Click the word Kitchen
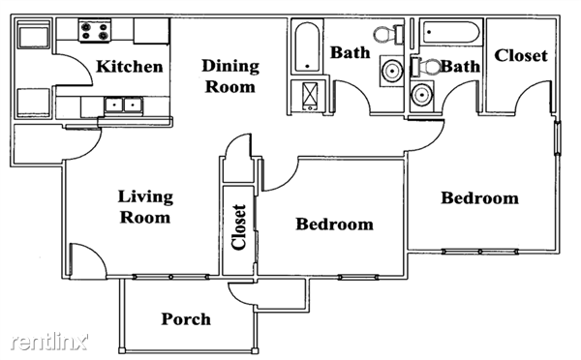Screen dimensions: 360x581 click(128, 68)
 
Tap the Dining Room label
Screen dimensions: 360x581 click(229, 76)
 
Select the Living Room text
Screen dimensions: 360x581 click(145, 207)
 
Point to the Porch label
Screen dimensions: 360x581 click(186, 318)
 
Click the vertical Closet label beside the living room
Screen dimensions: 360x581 click(239, 227)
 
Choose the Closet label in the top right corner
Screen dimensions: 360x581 click(521, 56)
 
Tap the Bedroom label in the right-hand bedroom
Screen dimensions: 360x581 click(479, 198)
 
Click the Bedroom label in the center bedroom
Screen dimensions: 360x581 click(334, 225)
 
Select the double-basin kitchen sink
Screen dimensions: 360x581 click(122, 105)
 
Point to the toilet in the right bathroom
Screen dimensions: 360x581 click(422, 67)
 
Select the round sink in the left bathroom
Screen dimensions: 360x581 click(392, 73)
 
